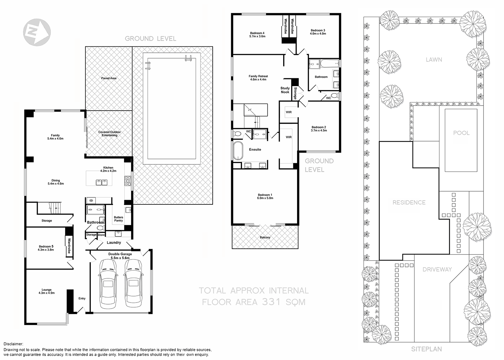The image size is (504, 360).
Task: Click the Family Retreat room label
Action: [x=258, y=78]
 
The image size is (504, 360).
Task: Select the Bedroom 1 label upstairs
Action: [x=265, y=196]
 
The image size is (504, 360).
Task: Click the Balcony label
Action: [x=265, y=237]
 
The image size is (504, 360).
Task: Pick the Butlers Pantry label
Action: [x=118, y=219]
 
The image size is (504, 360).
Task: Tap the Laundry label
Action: [x=114, y=242]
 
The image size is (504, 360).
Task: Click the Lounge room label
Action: [x=46, y=291]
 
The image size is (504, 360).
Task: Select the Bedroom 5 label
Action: [x=46, y=248]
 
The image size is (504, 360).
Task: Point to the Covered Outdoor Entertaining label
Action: [x=110, y=133]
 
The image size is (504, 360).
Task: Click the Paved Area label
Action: [x=109, y=78]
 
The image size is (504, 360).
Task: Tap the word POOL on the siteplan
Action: [x=461, y=133]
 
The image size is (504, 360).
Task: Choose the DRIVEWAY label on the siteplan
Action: [x=437, y=269]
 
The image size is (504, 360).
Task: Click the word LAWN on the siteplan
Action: [x=434, y=59]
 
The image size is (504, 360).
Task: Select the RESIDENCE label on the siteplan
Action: [x=409, y=202]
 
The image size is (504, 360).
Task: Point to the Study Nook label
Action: [x=285, y=90]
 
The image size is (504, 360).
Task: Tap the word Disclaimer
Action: [x=13, y=344]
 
